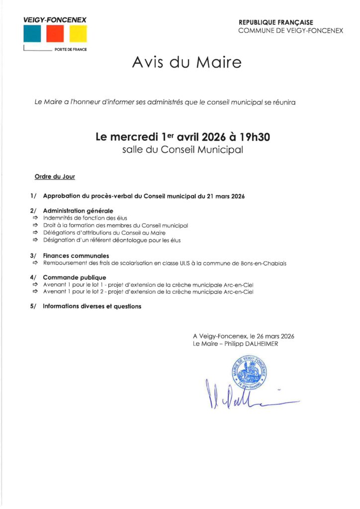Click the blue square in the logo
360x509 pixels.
pyautogui.click(x=32, y=34)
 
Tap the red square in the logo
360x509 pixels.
pyautogui.click(x=55, y=34)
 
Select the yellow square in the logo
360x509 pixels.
pyautogui.click(x=78, y=34)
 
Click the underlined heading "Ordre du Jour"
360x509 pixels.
pyautogui.click(x=55, y=176)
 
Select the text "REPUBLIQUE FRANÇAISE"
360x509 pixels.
pyautogui.click(x=276, y=23)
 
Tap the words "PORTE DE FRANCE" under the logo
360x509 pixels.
pyautogui.click(x=71, y=50)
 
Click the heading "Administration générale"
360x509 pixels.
pyautogui.click(x=78, y=211)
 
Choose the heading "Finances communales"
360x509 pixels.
pyautogui.click(x=76, y=256)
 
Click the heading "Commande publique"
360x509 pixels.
pyautogui.click(x=75, y=277)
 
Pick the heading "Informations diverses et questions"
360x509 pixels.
pyautogui.click(x=92, y=307)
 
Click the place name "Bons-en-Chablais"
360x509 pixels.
pyautogui.click(x=267, y=263)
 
